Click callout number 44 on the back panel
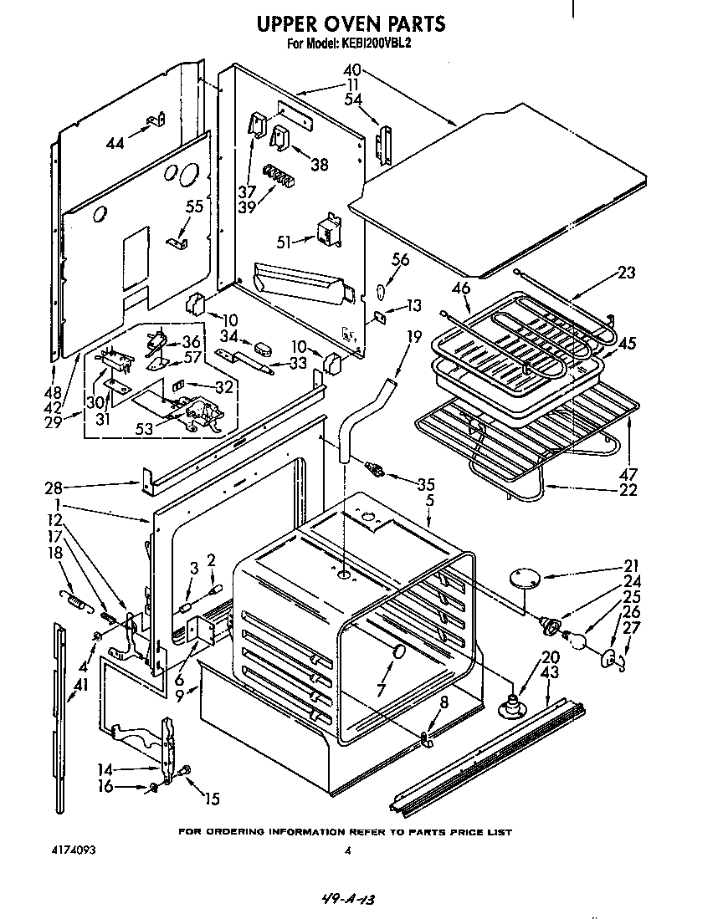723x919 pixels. (x=115, y=143)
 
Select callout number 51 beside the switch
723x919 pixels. (x=285, y=243)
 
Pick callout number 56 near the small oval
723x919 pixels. (x=401, y=260)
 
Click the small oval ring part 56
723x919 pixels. (x=381, y=292)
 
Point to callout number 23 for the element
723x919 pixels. (x=625, y=272)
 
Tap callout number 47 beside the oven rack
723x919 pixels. (x=628, y=474)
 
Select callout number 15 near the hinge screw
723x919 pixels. (x=211, y=799)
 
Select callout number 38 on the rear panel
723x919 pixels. (x=319, y=165)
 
